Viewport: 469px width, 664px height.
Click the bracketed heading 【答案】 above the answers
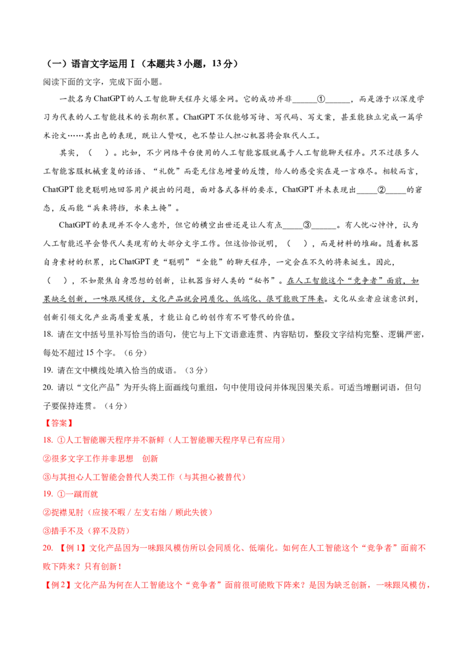[58, 422]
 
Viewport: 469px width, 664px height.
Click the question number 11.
[46, 440]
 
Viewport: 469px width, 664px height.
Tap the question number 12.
[46, 494]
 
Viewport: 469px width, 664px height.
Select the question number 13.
[46, 548]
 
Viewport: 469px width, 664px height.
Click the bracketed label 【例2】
[57, 585]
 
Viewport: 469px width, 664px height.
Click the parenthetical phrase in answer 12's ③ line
[109, 530]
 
